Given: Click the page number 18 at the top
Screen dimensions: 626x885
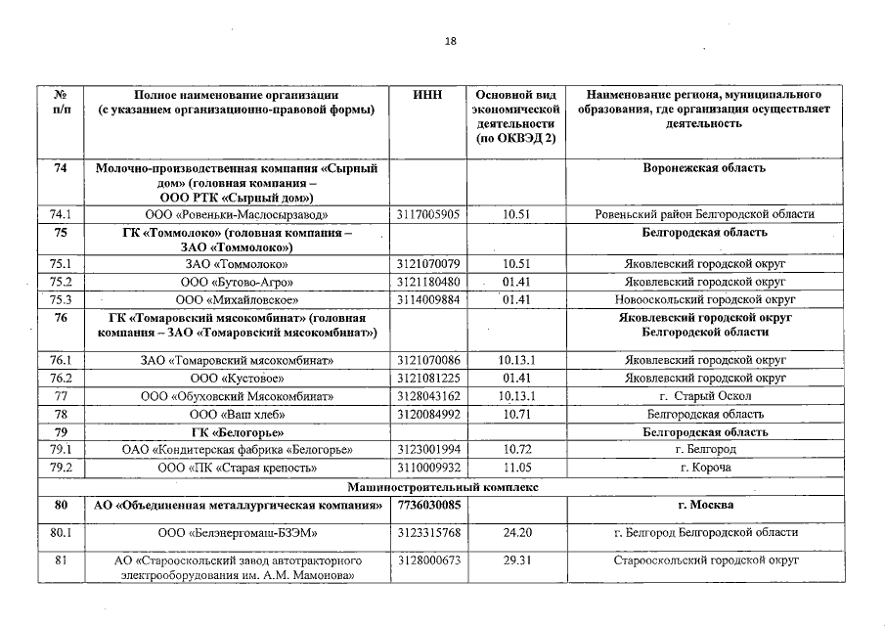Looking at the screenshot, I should (451, 41).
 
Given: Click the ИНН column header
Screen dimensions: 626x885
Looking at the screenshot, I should (427, 95).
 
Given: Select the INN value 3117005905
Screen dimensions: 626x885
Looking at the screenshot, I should (429, 214).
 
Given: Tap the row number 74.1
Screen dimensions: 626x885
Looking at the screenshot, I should (62, 214).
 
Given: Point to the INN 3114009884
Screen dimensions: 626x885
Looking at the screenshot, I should (429, 299).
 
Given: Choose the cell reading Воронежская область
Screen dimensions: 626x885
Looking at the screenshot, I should (704, 168).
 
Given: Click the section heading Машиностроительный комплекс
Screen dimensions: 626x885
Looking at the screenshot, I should (442, 486).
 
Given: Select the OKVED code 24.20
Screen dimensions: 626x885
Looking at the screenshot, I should (515, 533).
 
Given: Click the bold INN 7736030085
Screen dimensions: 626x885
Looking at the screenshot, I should (429, 506).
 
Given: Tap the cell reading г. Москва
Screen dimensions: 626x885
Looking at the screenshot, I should (704, 506).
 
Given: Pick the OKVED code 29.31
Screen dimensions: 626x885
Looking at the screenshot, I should (515, 560).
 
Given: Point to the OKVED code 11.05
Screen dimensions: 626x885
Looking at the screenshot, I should (515, 468).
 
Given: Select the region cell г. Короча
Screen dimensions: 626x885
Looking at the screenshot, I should (704, 468).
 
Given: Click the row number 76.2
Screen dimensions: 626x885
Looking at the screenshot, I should (62, 378).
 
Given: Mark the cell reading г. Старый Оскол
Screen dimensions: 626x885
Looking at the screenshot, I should (704, 396).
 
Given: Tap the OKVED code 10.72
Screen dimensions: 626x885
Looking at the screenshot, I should (515, 449).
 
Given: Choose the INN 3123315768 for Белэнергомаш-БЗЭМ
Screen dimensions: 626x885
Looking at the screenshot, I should (429, 533).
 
